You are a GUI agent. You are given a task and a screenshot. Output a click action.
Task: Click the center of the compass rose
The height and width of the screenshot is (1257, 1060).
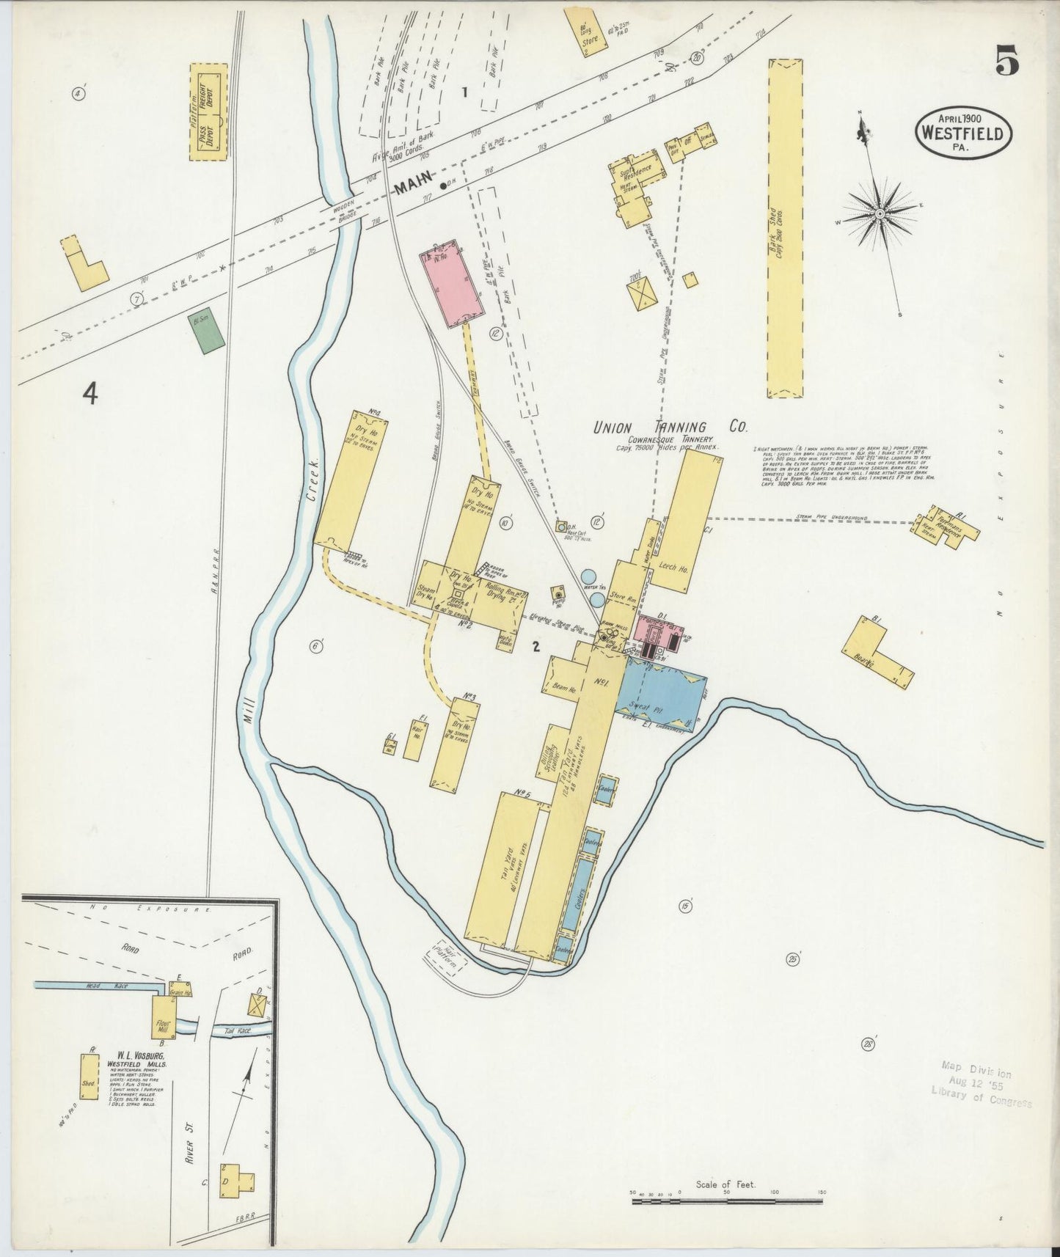[880, 213]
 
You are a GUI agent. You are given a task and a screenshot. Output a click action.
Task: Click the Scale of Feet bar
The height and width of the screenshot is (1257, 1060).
[726, 1201]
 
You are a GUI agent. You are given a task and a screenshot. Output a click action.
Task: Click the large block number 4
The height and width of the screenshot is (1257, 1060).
[89, 395]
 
